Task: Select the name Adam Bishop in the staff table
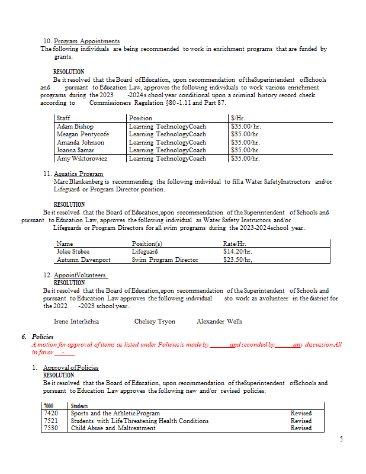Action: (75, 126)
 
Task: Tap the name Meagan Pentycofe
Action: (83, 134)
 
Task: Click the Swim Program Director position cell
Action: (165, 260)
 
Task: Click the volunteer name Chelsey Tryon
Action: (155, 321)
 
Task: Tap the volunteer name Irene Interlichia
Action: (76, 321)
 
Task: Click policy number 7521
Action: (50, 421)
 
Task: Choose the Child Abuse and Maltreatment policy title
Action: (113, 428)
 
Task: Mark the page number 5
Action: (341, 438)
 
